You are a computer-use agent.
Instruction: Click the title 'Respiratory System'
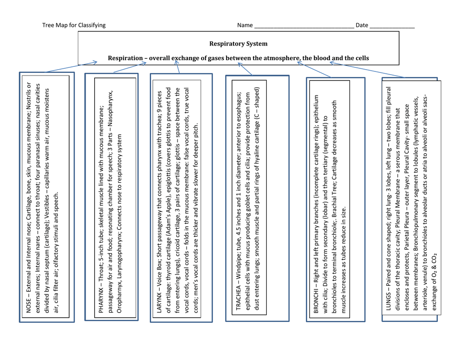pyautogui.click(x=238, y=44)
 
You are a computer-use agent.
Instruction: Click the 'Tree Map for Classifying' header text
pyautogui.click(x=74, y=25)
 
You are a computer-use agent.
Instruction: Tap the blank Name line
pyautogui.click(x=304, y=27)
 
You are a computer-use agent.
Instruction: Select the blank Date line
pyautogui.click(x=392, y=27)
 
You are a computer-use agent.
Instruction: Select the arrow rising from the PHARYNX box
pyautogui.click(x=130, y=67)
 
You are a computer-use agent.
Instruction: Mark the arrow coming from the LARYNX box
pyautogui.click(x=177, y=66)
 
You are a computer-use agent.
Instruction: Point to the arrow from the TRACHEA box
pyautogui.click(x=245, y=69)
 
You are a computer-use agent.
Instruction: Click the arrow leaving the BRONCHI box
pyautogui.click(x=314, y=70)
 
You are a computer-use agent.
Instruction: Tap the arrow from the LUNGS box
pyautogui.click(x=367, y=70)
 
